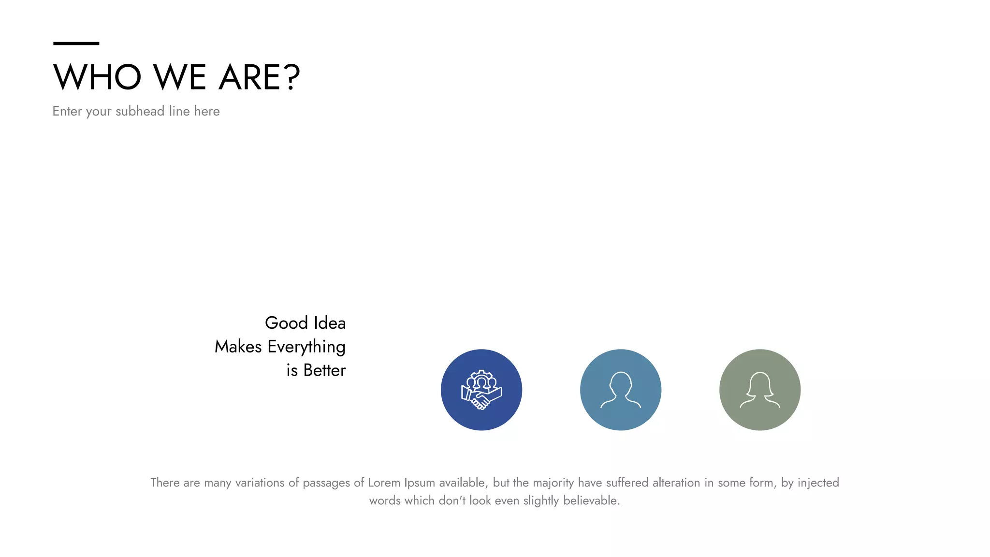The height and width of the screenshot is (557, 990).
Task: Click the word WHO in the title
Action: (x=97, y=77)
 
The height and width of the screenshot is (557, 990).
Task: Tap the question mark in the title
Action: (x=292, y=77)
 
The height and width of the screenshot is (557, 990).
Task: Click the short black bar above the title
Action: (x=76, y=44)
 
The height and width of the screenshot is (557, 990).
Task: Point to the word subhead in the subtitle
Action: (x=140, y=111)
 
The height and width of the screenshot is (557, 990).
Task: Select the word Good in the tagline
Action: (x=286, y=323)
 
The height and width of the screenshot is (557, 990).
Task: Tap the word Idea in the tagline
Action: (x=330, y=323)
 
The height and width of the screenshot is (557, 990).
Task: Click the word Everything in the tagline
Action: (x=306, y=347)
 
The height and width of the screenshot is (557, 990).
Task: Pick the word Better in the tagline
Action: (x=324, y=370)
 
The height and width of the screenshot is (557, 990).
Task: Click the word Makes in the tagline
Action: (x=238, y=347)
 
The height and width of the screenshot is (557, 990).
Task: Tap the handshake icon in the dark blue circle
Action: (x=481, y=390)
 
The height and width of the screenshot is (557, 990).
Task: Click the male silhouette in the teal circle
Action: (x=621, y=390)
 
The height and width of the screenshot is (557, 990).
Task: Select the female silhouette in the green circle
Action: (x=760, y=390)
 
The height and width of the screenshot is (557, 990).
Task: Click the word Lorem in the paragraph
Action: (x=384, y=483)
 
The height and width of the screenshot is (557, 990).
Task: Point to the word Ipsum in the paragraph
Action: (x=420, y=483)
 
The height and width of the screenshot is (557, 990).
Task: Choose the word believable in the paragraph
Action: (x=591, y=500)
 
